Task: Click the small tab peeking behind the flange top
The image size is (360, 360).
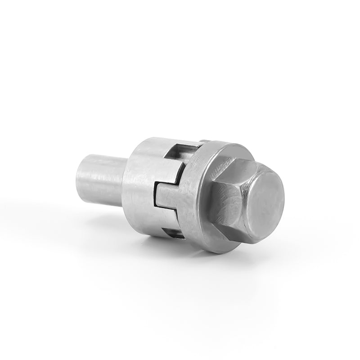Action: (204, 142)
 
